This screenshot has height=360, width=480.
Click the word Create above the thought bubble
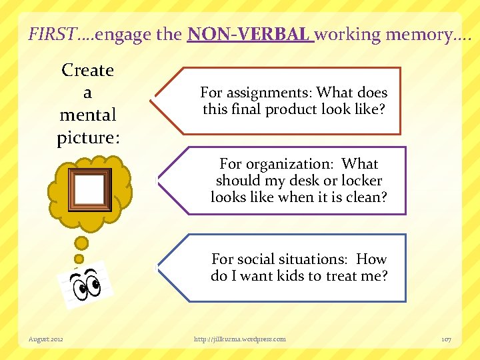[x=87, y=71]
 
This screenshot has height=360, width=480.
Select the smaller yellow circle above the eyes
[x=79, y=259]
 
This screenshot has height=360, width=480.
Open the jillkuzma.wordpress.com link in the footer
[x=240, y=339]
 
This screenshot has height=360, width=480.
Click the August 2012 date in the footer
[x=46, y=339]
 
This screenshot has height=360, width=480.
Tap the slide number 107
[x=446, y=339]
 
